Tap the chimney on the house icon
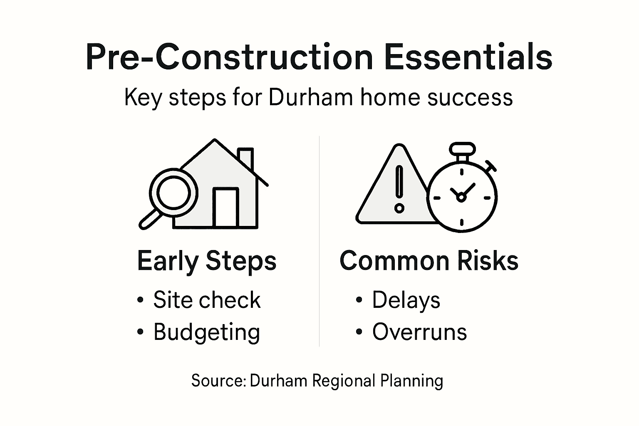tap(245, 158)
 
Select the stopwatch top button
tap(462, 148)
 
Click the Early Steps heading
tap(207, 261)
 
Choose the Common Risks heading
tap(429, 261)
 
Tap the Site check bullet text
tap(207, 300)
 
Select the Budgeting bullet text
tap(207, 332)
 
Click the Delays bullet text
tap(406, 300)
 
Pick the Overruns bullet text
tap(419, 332)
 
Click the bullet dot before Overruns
tap(359, 332)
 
